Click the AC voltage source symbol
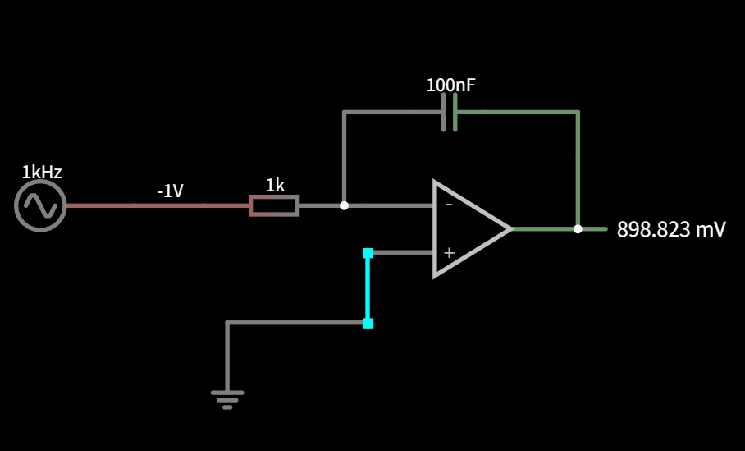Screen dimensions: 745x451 pos(40,205)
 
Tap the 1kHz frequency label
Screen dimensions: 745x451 pos(42,173)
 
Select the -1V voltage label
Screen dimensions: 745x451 pos(170,191)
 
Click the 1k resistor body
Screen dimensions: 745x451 pos(274,205)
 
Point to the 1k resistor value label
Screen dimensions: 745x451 pos(275,186)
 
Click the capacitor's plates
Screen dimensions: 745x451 pos(450,113)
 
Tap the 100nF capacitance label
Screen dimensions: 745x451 pos(450,85)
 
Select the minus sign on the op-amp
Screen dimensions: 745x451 pos(449,205)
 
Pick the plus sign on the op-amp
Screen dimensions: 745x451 pos(449,253)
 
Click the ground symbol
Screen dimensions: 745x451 pos(227,399)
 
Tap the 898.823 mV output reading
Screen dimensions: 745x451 pos(671,229)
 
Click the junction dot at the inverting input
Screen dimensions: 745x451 pos(344,205)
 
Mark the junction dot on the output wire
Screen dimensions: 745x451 pos(578,229)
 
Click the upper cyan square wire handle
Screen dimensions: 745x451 pos(368,253)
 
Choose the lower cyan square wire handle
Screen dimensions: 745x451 pos(368,324)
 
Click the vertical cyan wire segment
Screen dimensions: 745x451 pos(368,288)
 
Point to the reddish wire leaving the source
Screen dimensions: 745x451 pos(158,205)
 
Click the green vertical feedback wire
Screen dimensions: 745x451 pos(578,169)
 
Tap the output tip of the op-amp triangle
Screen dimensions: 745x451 pos(513,229)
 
